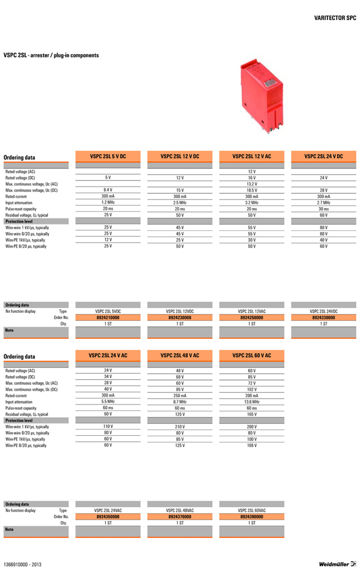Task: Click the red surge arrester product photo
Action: click(262, 93)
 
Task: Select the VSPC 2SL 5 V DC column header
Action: click(107, 156)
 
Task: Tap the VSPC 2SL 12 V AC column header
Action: click(251, 156)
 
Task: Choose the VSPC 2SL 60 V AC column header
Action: click(251, 355)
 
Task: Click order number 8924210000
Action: click(107, 318)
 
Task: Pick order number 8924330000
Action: click(323, 318)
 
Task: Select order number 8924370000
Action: click(179, 516)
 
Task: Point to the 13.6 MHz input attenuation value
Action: click(251, 402)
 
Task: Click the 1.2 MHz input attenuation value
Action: click(107, 202)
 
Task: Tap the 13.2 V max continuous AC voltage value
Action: click(251, 184)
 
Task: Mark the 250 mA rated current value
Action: click(179, 396)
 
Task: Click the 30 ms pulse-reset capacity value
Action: click(323, 209)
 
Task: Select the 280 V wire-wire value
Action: click(251, 426)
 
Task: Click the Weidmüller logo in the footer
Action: click(337, 564)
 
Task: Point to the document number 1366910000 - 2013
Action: click(22, 565)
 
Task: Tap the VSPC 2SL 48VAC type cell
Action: click(179, 510)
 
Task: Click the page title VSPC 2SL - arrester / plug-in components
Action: click(51, 55)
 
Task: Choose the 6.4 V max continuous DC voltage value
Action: click(107, 190)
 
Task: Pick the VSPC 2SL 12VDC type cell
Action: click(179, 311)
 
